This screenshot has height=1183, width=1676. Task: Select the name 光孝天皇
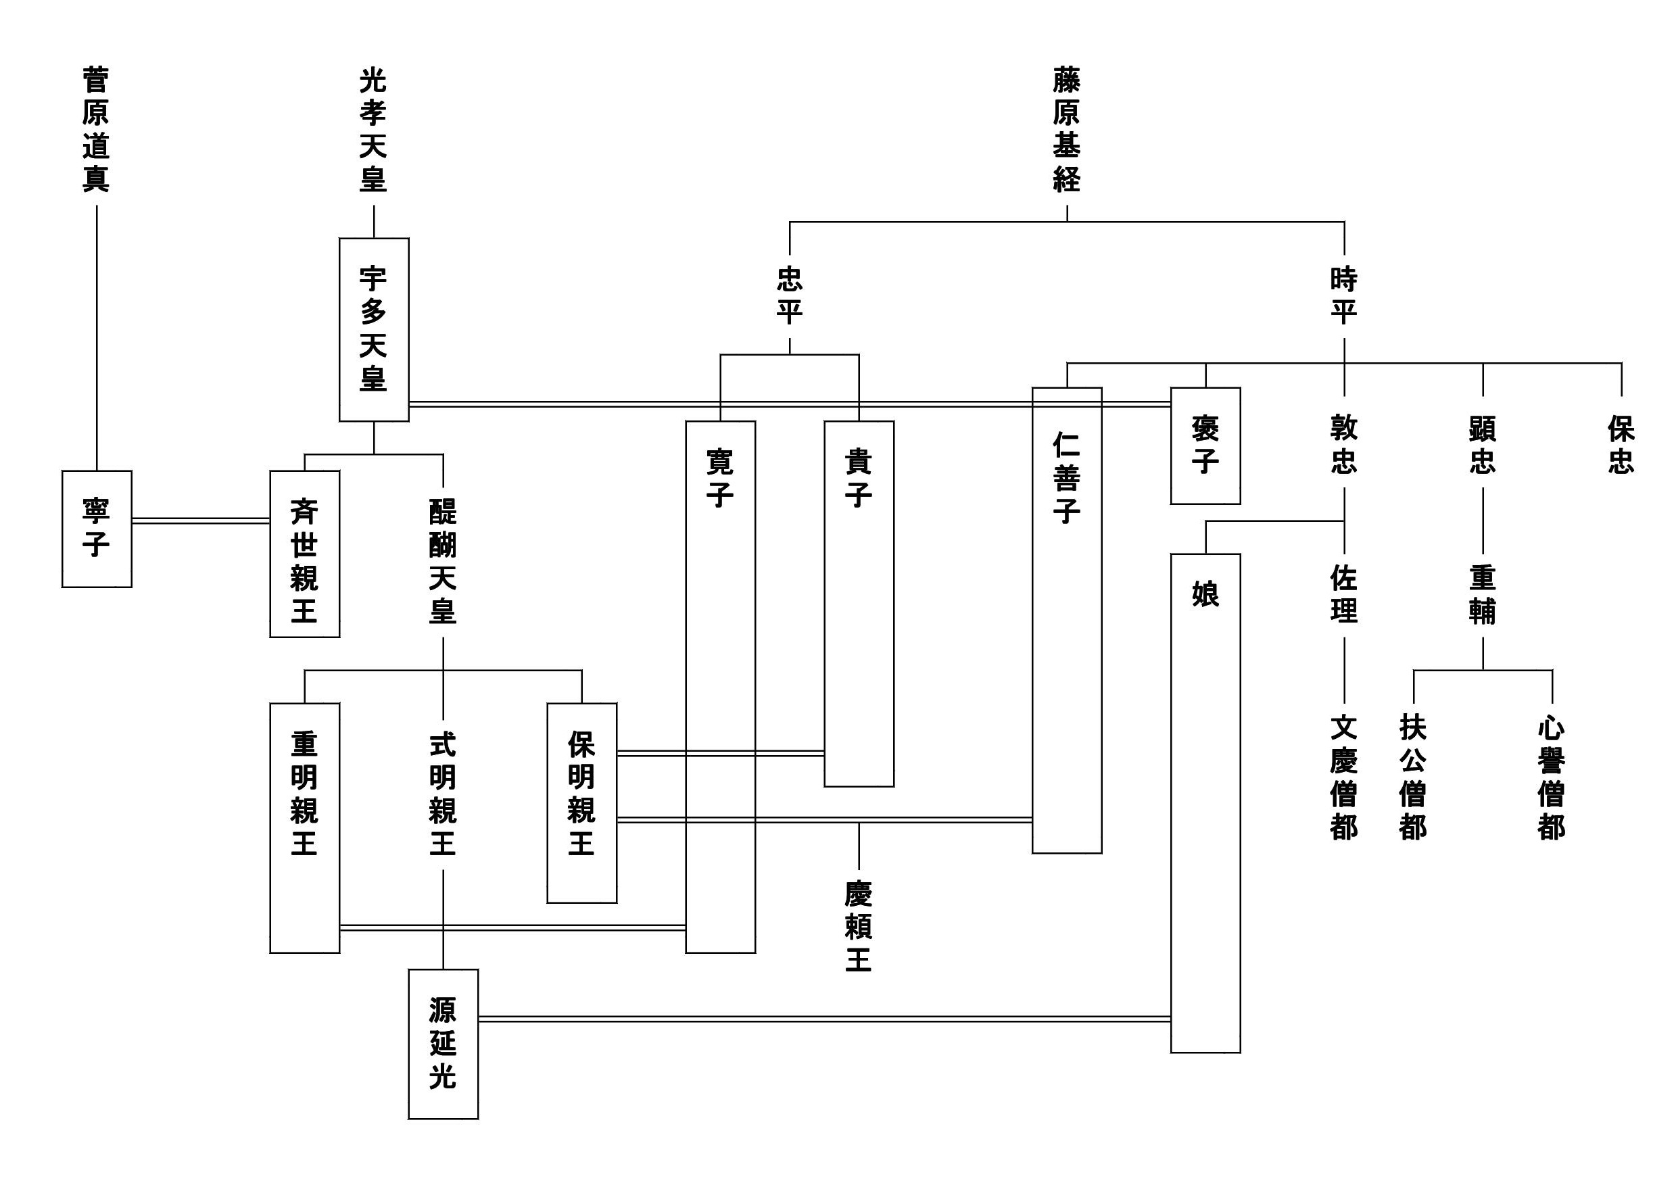coord(373,130)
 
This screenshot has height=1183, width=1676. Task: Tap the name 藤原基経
coord(1066,130)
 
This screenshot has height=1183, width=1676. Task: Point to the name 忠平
coord(789,295)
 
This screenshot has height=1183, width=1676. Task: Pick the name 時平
coord(1344,295)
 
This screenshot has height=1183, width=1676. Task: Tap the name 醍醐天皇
coord(443,560)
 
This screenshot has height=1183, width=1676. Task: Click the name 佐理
coord(1344,594)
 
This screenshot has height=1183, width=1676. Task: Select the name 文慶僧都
coord(1344,777)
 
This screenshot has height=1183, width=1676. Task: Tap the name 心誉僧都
coord(1551,777)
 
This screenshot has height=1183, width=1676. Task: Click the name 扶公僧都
coord(1413,777)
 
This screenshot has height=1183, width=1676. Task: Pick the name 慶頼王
coord(859,926)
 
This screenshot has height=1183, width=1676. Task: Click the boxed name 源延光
coord(443,1043)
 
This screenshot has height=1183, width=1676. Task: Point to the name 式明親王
coord(443,794)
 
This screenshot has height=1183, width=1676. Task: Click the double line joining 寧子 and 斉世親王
coord(201,521)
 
